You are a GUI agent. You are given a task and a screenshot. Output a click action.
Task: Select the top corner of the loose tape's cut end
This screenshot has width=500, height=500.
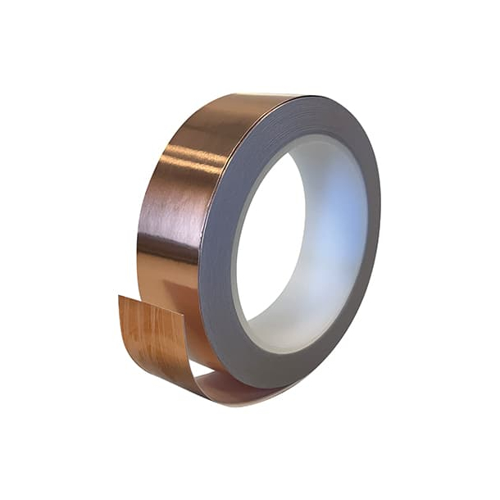click(x=120, y=296)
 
